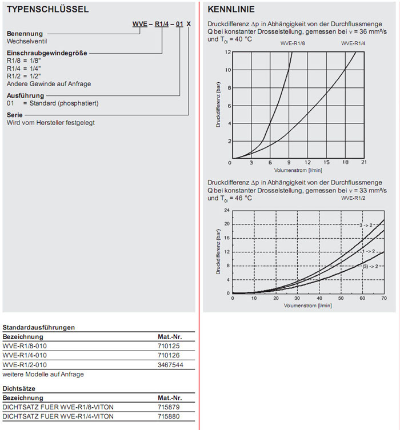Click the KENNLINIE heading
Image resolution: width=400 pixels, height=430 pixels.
click(231, 10)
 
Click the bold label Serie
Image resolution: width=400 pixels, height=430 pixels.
click(15, 115)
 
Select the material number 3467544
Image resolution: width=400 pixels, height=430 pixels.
click(171, 364)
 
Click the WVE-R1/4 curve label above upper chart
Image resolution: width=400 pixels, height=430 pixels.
click(354, 44)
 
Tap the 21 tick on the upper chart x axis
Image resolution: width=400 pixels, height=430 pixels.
click(363, 162)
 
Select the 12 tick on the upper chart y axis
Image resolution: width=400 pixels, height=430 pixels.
click(228, 52)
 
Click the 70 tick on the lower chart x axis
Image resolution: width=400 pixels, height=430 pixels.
click(383, 298)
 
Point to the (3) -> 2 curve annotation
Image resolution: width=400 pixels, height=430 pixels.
click(369, 266)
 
